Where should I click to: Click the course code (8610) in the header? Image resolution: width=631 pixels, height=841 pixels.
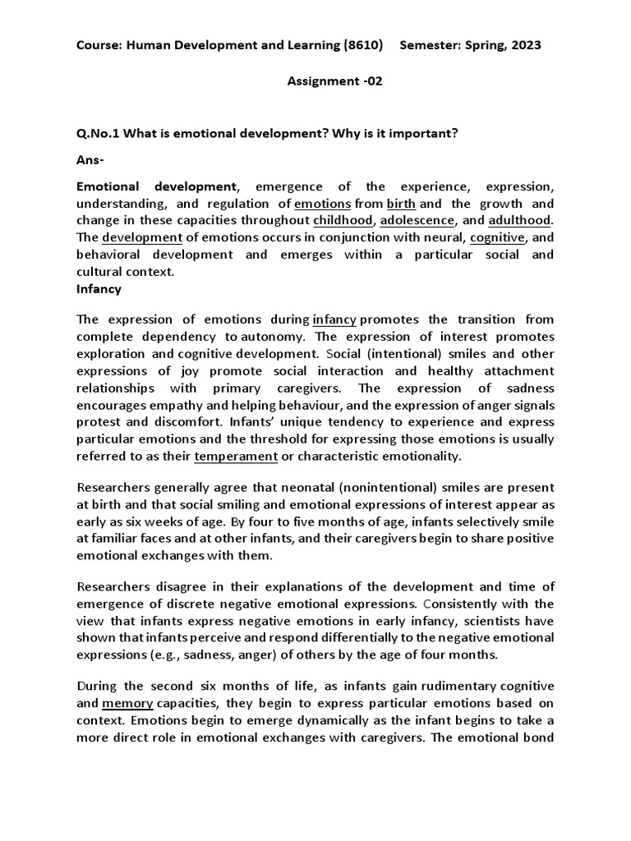point(364,46)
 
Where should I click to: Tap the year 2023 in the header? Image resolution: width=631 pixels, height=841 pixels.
point(524,46)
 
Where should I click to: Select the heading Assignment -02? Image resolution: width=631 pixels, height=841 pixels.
point(334,81)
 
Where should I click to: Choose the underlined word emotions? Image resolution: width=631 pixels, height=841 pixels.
point(323,204)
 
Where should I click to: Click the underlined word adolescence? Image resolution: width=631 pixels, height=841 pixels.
point(425,221)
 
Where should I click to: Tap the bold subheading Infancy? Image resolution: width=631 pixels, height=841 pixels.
point(99,289)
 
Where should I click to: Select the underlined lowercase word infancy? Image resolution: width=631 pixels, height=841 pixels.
point(334,319)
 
